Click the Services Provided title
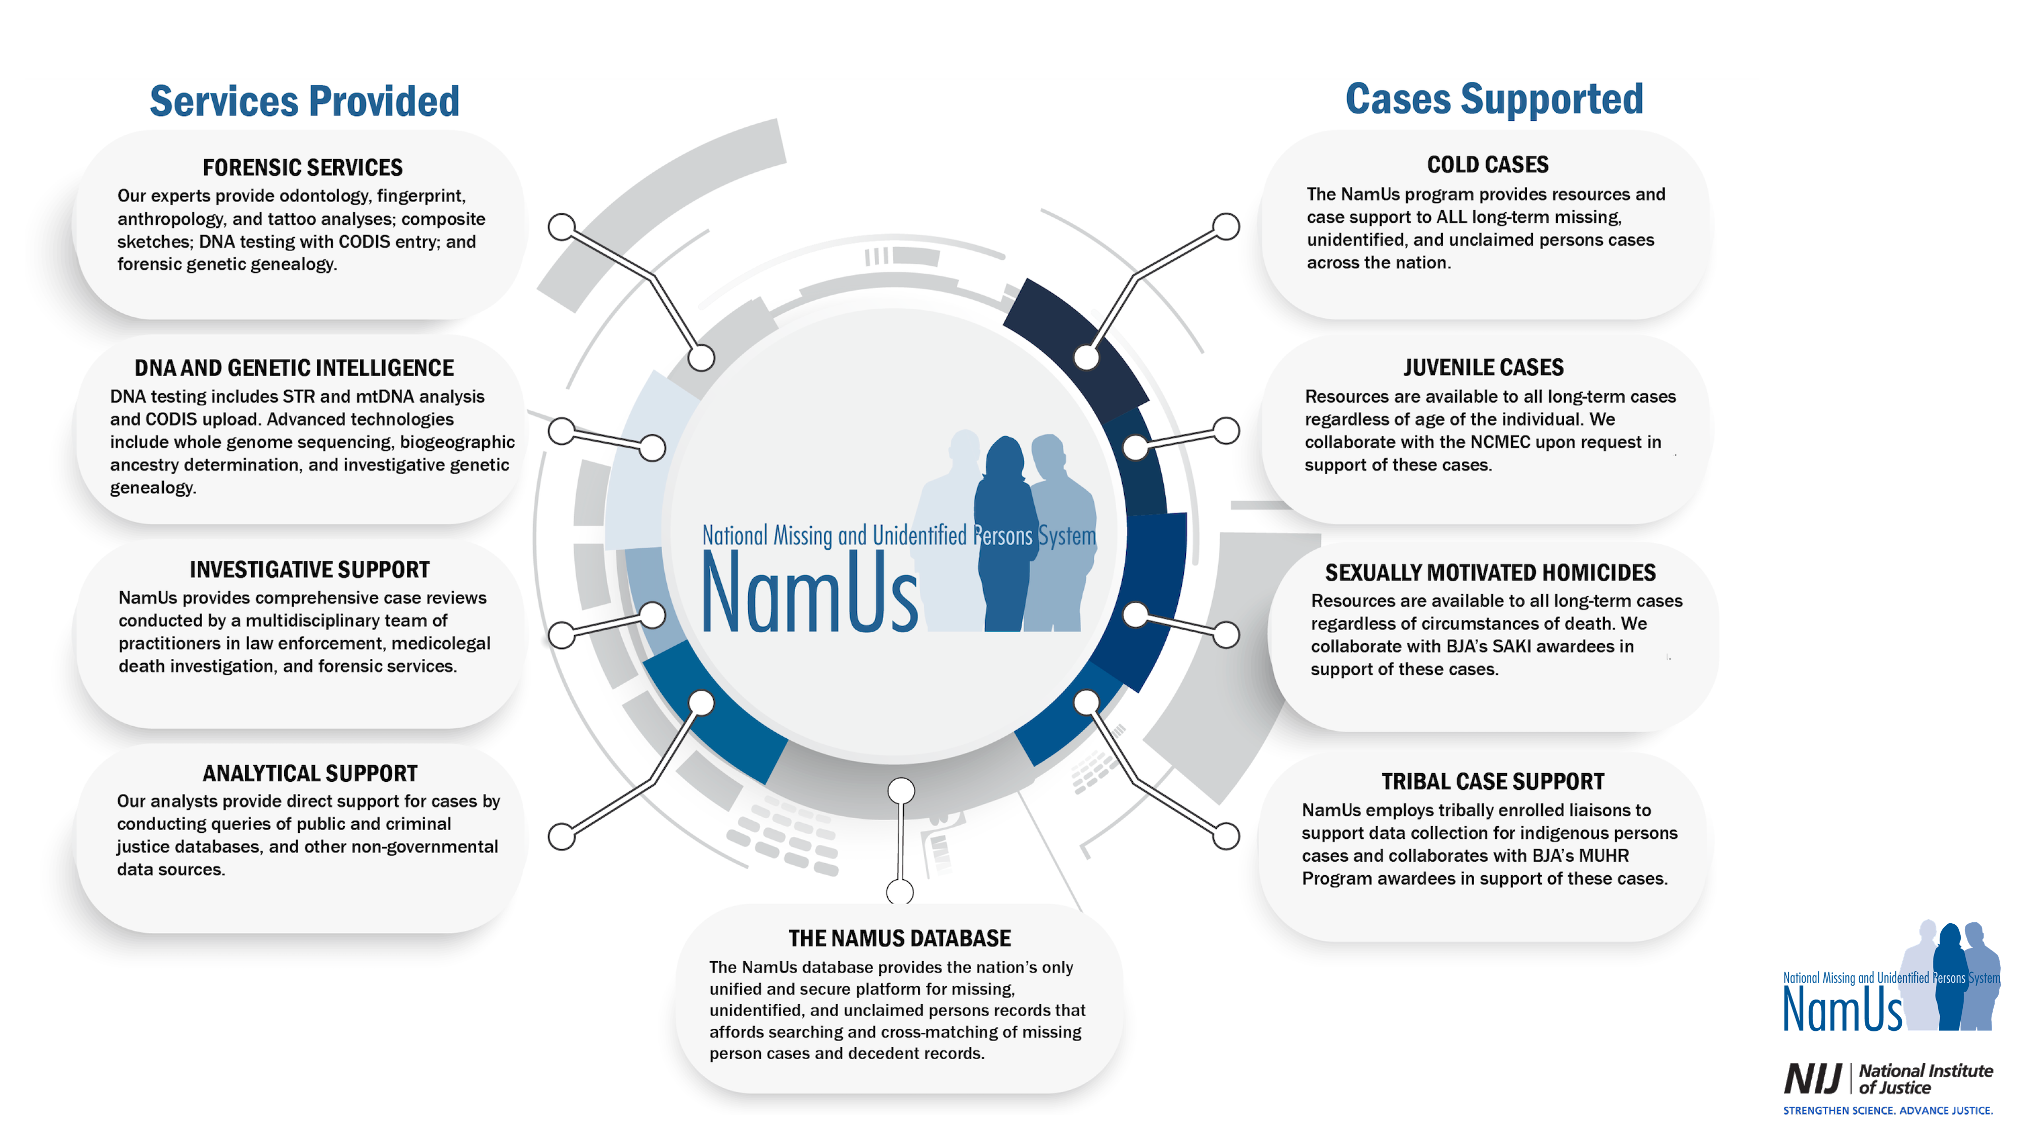click(304, 102)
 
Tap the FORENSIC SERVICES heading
click(302, 167)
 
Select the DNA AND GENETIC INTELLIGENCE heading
click(294, 368)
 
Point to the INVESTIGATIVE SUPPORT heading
click(309, 570)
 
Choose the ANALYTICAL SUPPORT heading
click(309, 774)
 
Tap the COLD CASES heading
click(1487, 165)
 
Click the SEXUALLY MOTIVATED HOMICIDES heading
click(1490, 573)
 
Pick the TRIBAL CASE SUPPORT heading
click(1492, 782)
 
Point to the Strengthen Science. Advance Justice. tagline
click(1887, 1110)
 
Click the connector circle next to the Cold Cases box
click(1225, 227)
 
